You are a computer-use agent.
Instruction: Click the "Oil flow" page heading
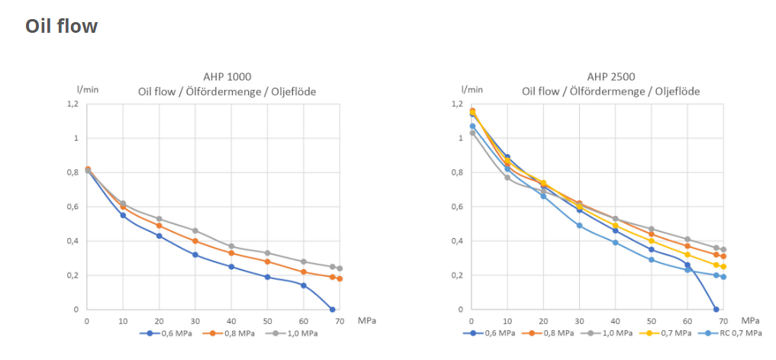pos(61,26)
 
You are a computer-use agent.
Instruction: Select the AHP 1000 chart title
pos(227,76)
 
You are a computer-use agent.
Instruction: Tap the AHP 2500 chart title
pos(610,76)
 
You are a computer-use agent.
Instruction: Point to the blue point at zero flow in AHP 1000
pos(332,310)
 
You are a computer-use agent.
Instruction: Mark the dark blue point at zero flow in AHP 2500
pos(716,310)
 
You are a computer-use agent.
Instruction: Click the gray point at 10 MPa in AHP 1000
pos(123,204)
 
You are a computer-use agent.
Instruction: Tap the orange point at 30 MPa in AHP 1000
pos(195,241)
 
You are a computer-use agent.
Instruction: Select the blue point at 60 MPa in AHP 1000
pos(304,285)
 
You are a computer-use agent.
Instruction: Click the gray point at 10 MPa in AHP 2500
pos(507,178)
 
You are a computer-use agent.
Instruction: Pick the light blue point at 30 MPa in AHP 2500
pos(579,226)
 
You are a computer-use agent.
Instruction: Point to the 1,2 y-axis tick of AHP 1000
pos(72,104)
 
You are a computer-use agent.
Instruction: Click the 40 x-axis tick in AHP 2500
pos(615,320)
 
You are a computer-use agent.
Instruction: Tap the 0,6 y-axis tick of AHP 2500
pos(456,207)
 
